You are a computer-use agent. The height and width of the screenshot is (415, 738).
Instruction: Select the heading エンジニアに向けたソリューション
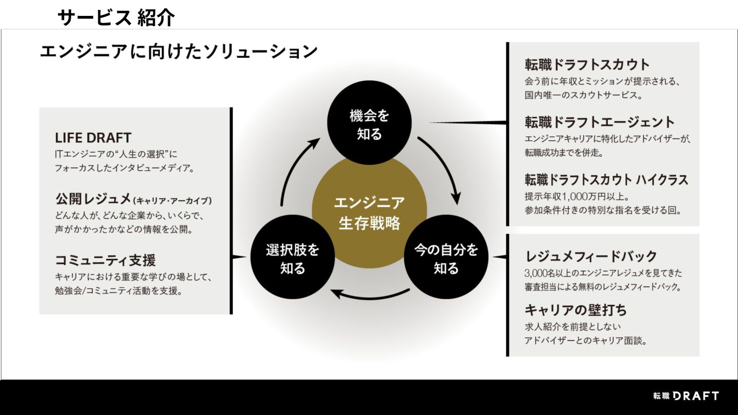pyautogui.click(x=179, y=52)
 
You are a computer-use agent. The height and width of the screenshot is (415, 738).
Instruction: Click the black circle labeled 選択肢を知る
pyautogui.click(x=292, y=258)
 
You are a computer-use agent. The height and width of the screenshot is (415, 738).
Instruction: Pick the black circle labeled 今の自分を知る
pyautogui.click(x=446, y=258)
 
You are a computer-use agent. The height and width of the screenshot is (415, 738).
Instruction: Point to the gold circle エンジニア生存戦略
pyautogui.click(x=369, y=212)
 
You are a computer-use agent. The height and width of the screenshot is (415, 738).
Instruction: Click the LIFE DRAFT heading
pyautogui.click(x=93, y=138)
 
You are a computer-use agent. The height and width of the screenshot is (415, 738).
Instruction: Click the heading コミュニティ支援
pyautogui.click(x=105, y=260)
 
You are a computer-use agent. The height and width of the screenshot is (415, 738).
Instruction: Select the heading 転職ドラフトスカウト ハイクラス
pyautogui.click(x=606, y=180)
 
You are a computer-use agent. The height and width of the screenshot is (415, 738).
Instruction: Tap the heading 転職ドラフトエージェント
pyautogui.click(x=600, y=122)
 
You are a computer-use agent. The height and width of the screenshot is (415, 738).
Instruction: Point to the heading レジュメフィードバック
pyautogui.click(x=591, y=256)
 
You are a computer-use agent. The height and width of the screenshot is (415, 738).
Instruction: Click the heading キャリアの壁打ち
pyautogui.click(x=576, y=310)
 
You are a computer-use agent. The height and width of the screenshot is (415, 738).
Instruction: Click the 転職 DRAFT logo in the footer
pyautogui.click(x=686, y=396)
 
